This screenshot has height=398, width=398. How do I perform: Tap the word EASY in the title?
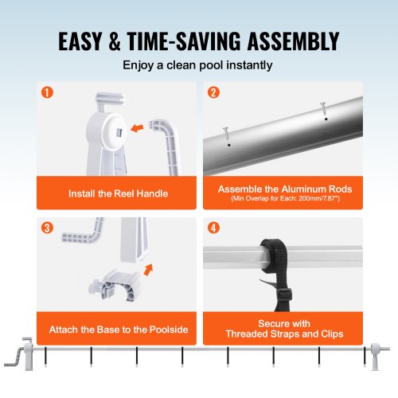85,40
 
